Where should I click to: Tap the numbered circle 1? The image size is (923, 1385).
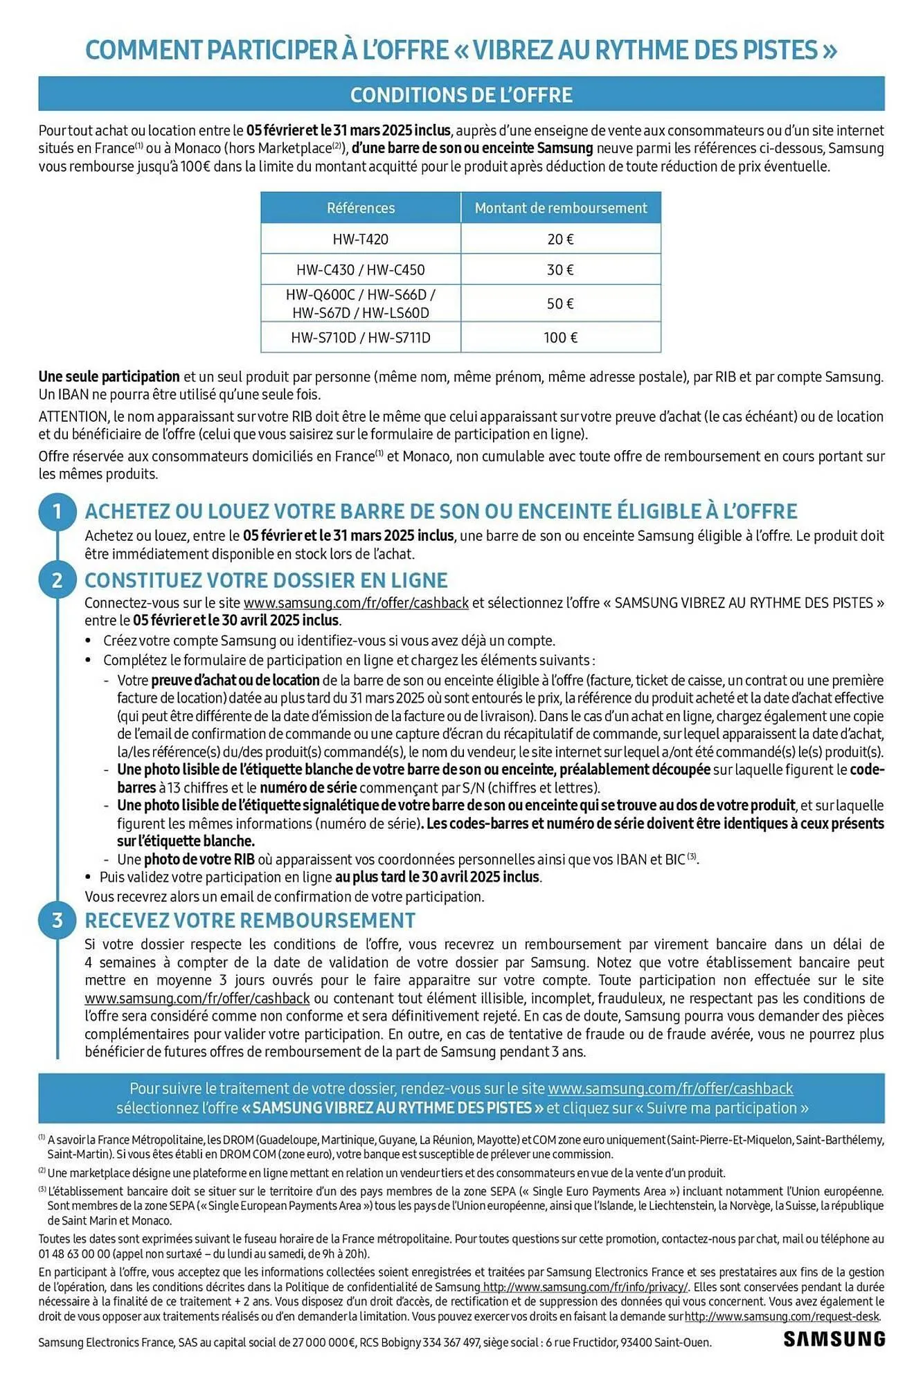click(57, 512)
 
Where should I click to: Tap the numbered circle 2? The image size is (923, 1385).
click(57, 580)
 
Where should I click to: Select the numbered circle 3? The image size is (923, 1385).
click(57, 920)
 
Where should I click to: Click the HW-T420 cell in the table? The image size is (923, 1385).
click(360, 239)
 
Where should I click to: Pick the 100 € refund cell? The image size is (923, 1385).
click(560, 338)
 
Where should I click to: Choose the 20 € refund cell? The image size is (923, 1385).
click(560, 239)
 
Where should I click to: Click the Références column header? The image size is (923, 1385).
click(360, 208)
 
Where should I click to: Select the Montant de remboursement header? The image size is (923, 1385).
click(560, 208)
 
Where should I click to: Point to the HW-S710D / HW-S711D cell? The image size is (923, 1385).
click(360, 338)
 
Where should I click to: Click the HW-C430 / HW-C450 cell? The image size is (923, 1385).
click(360, 269)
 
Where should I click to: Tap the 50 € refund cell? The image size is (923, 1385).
click(560, 303)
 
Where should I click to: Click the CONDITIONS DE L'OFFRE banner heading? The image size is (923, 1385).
click(461, 95)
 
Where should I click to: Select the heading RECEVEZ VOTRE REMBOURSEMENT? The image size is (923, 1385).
click(250, 920)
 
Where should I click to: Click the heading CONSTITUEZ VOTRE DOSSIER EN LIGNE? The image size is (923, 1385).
click(266, 580)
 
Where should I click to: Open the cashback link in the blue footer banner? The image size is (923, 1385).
click(670, 1089)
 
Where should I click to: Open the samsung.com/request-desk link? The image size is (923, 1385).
click(782, 1316)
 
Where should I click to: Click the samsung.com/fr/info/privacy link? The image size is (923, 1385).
click(585, 1287)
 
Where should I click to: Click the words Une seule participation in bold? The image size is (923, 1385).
click(109, 377)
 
